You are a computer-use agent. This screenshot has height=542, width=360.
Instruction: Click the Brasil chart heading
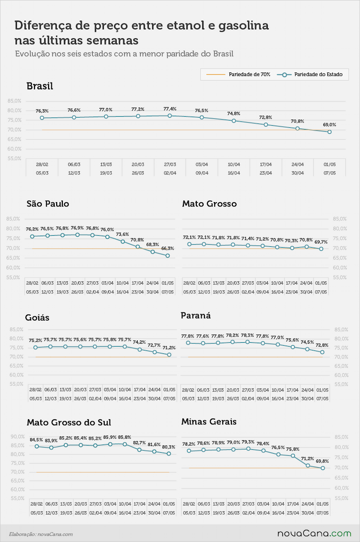tap(40, 86)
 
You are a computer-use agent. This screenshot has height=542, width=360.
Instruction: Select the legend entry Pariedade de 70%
tap(239, 74)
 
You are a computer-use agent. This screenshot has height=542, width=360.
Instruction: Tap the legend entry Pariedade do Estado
tap(310, 74)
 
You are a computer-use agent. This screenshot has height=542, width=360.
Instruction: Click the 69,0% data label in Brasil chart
tap(329, 125)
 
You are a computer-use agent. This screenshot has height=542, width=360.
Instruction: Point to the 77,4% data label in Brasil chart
tap(169, 109)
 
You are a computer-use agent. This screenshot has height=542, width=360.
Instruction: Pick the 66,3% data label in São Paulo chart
tap(168, 249)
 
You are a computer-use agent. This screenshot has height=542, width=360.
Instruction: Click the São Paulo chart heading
tap(48, 204)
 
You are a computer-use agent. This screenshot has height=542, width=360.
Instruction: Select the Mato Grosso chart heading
tap(209, 204)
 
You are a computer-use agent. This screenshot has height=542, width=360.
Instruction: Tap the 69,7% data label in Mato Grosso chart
tap(321, 242)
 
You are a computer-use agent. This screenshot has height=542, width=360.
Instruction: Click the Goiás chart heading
tap(37, 318)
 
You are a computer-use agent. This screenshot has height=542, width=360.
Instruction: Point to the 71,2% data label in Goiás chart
tap(169, 348)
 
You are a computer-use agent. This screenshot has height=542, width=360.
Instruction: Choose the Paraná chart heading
tap(195, 315)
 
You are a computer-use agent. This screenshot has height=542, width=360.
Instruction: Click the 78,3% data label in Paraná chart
tap(247, 335)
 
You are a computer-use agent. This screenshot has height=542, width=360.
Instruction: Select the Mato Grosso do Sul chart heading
tap(69, 422)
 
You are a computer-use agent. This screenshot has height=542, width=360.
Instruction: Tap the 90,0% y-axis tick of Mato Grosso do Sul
tap(18, 437)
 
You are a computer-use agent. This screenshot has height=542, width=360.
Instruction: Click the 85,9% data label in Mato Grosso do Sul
tap(110, 437)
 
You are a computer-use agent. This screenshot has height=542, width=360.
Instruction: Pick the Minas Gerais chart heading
tap(209, 422)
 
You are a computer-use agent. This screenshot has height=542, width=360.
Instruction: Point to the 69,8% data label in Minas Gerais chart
tap(323, 461)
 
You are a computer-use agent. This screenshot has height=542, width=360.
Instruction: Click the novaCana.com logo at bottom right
tap(314, 534)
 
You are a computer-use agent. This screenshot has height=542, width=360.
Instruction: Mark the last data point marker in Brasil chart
tap(330, 132)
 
